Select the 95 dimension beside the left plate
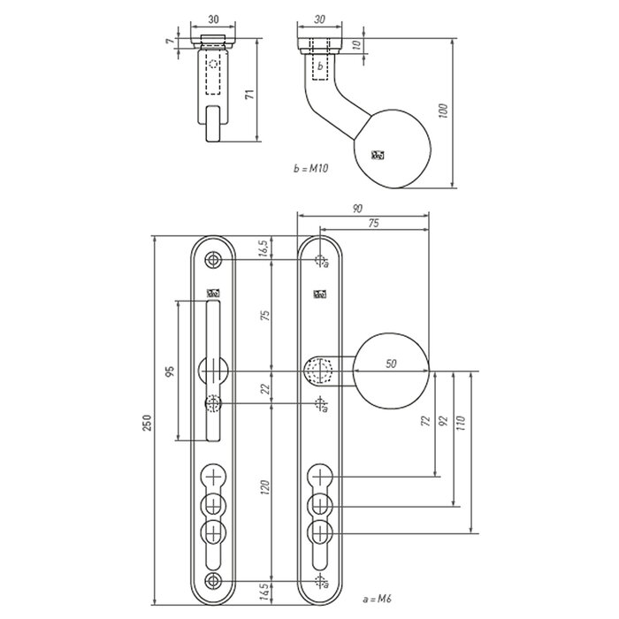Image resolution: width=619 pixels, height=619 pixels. [x=170, y=371]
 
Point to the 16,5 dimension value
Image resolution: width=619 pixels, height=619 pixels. [x=265, y=249]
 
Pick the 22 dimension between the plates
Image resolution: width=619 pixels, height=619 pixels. [x=265, y=387]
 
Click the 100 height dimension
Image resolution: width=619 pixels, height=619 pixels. [x=446, y=111]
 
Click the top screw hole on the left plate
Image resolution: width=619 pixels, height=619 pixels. [x=213, y=260]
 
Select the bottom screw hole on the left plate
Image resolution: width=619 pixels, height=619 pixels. [x=213, y=579]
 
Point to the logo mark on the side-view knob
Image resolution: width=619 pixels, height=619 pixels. [x=379, y=156]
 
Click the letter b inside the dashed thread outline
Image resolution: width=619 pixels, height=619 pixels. [x=320, y=65]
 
